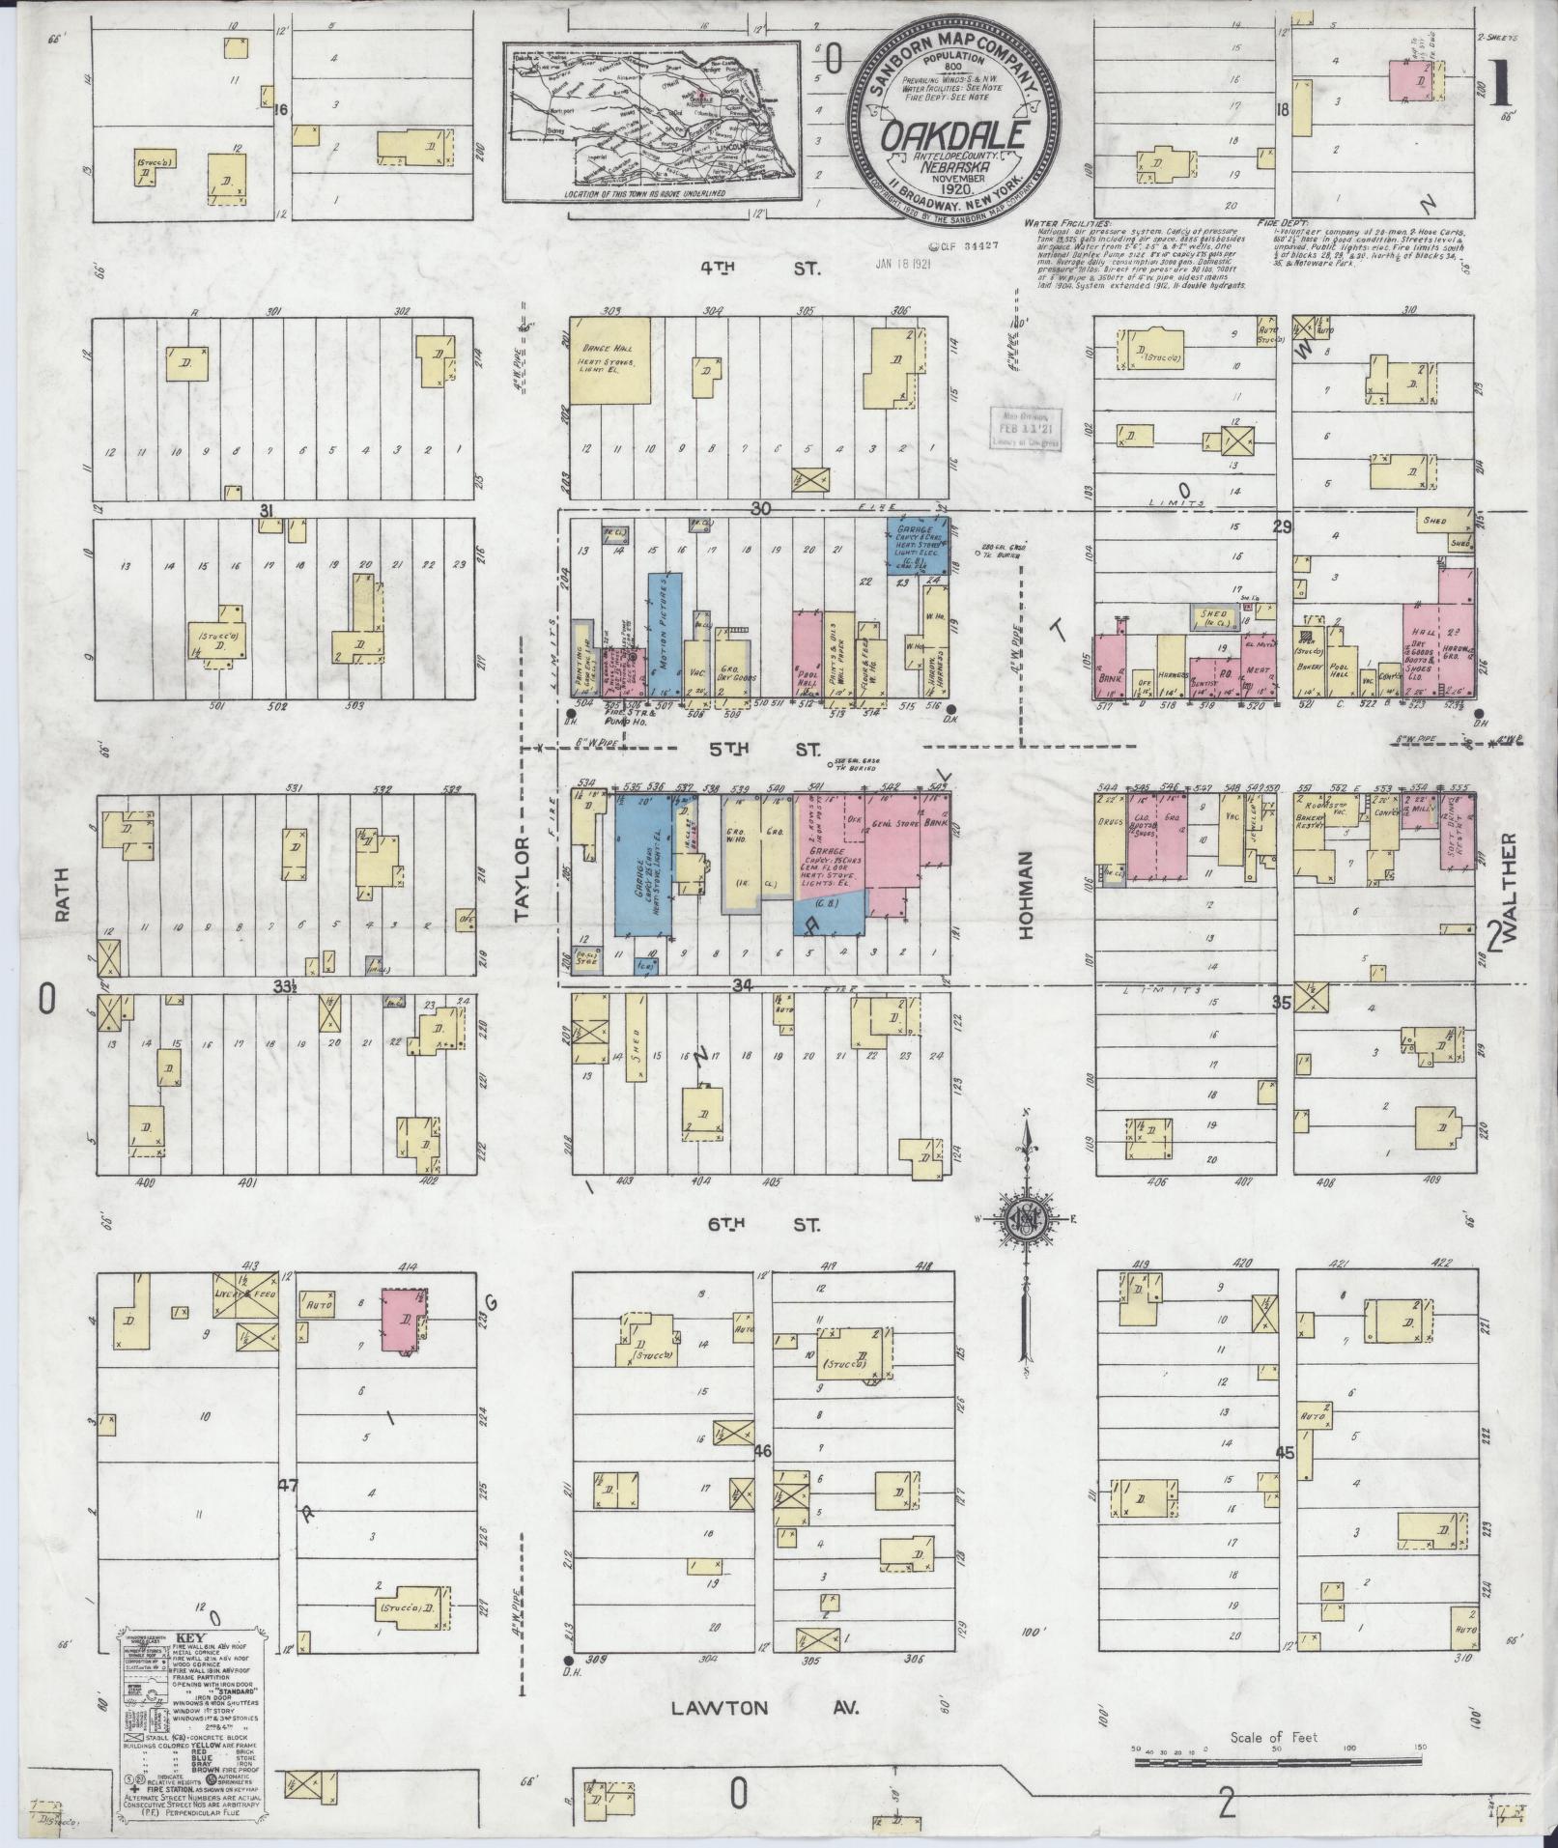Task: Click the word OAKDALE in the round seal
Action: (951, 136)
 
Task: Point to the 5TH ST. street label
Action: (763, 750)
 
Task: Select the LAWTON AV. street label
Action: (763, 1708)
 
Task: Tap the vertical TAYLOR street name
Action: (523, 879)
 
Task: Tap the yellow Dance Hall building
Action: (611, 358)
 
